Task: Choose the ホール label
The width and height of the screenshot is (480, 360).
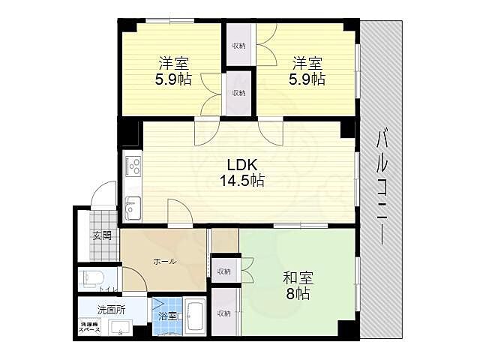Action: point(164,261)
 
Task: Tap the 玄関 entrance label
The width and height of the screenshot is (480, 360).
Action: point(101,235)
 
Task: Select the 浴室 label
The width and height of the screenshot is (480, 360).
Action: point(166,316)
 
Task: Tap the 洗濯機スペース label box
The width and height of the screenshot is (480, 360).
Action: point(90,328)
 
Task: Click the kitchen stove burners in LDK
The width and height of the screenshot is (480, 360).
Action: point(133,166)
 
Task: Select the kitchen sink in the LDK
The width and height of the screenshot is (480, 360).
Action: point(133,207)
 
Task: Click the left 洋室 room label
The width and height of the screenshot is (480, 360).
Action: point(172,63)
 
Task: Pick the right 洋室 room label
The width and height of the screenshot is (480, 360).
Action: point(307,63)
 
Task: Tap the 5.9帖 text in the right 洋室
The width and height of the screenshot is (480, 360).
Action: point(307,78)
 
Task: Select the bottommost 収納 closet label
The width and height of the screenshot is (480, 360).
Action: point(224,313)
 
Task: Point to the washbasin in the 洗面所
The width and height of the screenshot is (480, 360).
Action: point(120,327)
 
